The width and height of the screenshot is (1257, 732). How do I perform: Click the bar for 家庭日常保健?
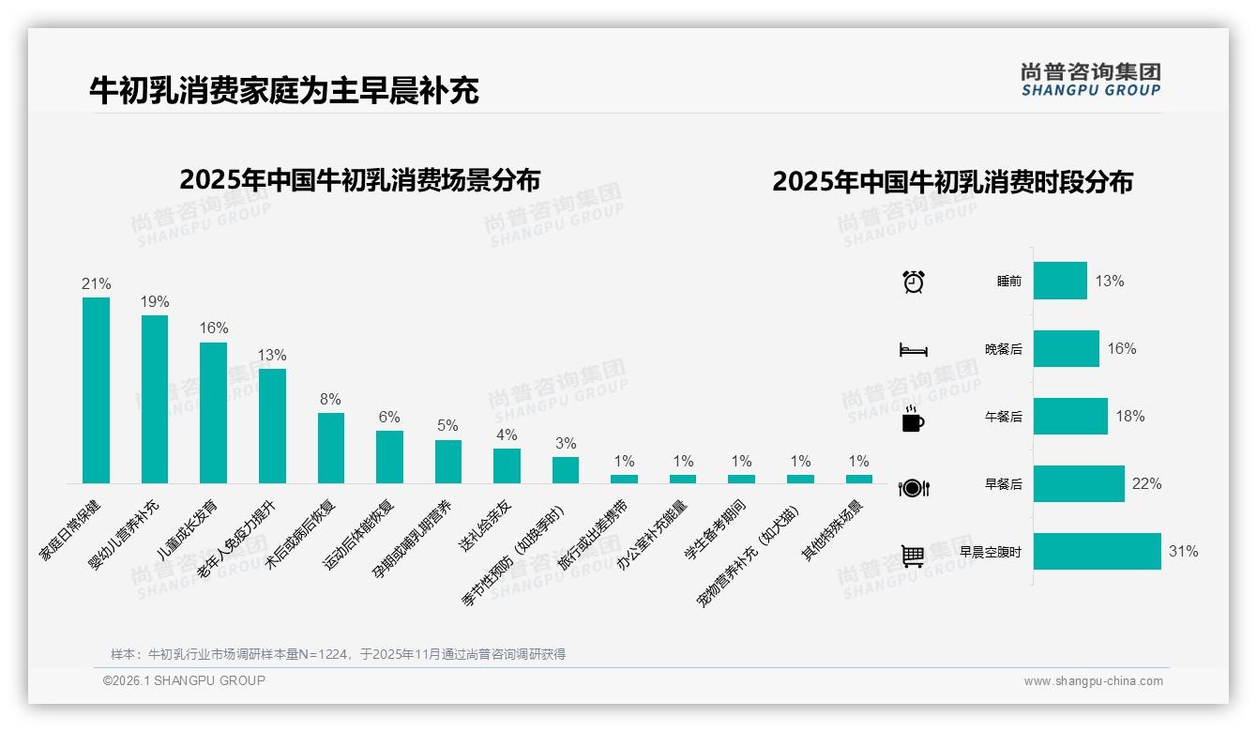pyautogui.click(x=96, y=390)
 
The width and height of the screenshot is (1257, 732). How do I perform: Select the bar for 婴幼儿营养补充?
pyautogui.click(x=155, y=399)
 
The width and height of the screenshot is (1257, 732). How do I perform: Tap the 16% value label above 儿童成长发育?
pyautogui.click(x=214, y=328)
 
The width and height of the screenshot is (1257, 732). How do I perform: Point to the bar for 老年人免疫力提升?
pyautogui.click(x=272, y=426)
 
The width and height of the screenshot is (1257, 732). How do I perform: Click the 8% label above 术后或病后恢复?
pyautogui.click(x=330, y=399)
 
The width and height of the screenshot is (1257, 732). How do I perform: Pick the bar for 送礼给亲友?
pyautogui.click(x=507, y=465)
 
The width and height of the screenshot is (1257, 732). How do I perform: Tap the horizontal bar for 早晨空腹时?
pyautogui.click(x=1097, y=552)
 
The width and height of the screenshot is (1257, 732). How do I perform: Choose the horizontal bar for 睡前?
pyautogui.click(x=1060, y=281)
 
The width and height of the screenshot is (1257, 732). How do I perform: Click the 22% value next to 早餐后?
pyautogui.click(x=1146, y=484)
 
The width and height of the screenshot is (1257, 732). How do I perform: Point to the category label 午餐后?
pyautogui.click(x=1003, y=417)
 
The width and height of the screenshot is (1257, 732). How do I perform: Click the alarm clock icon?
pyautogui.click(x=913, y=282)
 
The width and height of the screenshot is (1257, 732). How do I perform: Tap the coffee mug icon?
pyautogui.click(x=913, y=419)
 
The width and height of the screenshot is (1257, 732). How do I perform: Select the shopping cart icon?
pyautogui.click(x=913, y=556)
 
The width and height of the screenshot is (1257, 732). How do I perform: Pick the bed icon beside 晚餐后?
pyautogui.click(x=913, y=350)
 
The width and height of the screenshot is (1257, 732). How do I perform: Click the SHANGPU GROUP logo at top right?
pyautogui.click(x=1090, y=79)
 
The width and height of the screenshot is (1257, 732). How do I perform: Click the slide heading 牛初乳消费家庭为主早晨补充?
pyautogui.click(x=283, y=90)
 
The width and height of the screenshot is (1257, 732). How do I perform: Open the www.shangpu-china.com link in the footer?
pyautogui.click(x=1093, y=681)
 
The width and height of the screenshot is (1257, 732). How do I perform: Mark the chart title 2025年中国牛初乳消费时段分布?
pyautogui.click(x=952, y=181)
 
